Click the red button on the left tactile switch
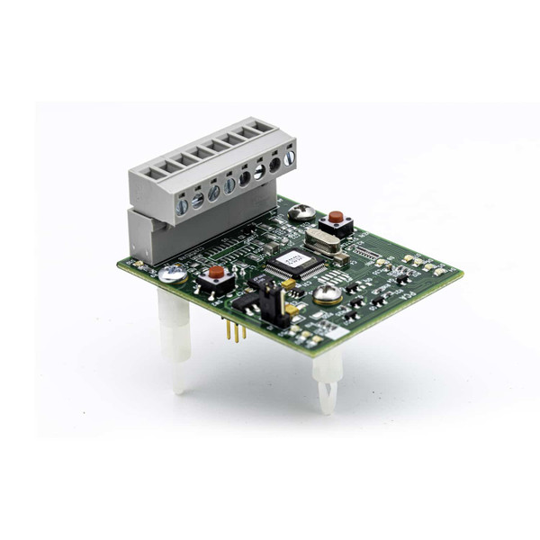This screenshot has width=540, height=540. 216,272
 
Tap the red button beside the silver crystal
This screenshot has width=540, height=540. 336,218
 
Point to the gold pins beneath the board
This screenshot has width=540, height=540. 236,331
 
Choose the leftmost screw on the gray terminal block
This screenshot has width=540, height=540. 182,206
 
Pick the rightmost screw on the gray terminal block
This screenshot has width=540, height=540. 289,157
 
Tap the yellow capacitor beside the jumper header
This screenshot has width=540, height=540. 290,283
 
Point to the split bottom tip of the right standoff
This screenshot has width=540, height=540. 328,405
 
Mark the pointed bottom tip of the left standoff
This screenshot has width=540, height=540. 180,389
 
